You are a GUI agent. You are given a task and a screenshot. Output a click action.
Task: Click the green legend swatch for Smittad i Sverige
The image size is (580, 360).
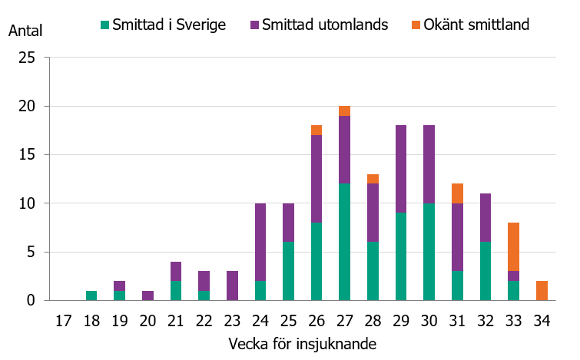coord(104,25)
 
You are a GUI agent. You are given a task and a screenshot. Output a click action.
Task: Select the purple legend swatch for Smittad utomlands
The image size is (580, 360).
coord(254,25)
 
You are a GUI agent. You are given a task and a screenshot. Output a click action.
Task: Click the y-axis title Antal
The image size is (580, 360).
coord(25,32)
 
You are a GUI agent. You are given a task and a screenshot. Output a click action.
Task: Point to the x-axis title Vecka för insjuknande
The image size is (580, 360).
coord(303,343)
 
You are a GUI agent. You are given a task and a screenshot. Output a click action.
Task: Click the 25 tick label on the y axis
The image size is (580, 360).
coord(28,58)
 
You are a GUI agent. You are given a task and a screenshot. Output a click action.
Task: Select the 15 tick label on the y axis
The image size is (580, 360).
coord(28,155)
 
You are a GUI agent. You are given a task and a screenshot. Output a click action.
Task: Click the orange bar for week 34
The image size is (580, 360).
coord(542,290)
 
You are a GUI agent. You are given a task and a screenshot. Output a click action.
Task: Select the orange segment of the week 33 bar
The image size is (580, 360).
coord(514,246)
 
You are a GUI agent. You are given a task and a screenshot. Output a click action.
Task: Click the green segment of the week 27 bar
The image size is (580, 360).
coord(345,242)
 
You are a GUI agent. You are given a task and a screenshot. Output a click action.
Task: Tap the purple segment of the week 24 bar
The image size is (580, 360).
coord(260,242)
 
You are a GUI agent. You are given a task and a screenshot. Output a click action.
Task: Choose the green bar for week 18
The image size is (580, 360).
coord(91,296)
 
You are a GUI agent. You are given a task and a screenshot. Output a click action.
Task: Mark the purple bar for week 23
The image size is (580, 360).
coord(232,286)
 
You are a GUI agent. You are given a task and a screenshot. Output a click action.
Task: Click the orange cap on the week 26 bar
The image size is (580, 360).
coord(317,130)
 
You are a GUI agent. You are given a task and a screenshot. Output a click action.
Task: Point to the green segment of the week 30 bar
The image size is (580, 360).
coord(429,251)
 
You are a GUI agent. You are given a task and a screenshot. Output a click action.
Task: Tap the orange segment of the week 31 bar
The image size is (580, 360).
coord(457,193)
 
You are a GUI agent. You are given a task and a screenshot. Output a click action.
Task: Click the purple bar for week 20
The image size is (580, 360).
coord(147,296)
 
